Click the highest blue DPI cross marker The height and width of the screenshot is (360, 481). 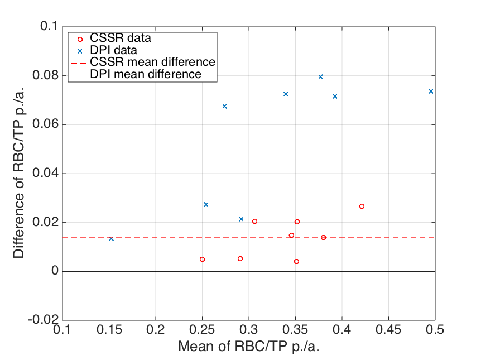point(320,76)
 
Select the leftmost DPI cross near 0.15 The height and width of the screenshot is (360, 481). point(111,238)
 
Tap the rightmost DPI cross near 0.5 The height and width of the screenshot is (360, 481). point(431,91)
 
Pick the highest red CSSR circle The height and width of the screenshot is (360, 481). point(362,206)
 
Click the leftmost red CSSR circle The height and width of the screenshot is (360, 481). point(202,259)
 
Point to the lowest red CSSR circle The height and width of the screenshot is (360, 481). point(296,261)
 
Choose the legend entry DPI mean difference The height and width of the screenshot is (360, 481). point(145,74)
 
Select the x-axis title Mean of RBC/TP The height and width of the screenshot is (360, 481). point(249,347)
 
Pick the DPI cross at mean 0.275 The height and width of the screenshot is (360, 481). point(224,106)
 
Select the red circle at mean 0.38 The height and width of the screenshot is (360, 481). point(323,237)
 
